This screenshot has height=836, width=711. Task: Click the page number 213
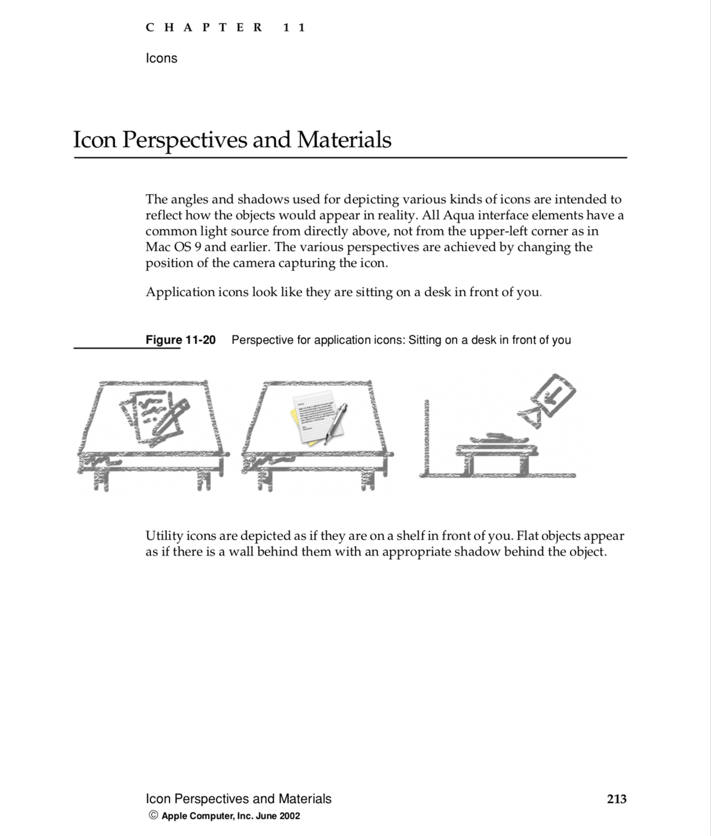[616, 799]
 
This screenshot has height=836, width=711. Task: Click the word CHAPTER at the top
[204, 27]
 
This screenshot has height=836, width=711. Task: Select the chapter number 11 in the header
[294, 27]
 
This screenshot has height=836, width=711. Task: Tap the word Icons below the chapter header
[161, 58]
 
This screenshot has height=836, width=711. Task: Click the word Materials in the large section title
[344, 140]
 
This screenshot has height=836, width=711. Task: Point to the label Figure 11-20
[181, 340]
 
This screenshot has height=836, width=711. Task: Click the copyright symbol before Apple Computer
[153, 816]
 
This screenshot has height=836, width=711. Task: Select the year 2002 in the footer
[289, 816]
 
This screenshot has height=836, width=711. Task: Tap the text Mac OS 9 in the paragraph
[169, 247]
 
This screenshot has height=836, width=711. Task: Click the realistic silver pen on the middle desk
[335, 422]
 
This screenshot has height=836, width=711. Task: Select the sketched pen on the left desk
[169, 422]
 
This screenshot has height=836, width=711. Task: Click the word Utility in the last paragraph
[164, 536]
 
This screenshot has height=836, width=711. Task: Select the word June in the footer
[266, 816]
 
